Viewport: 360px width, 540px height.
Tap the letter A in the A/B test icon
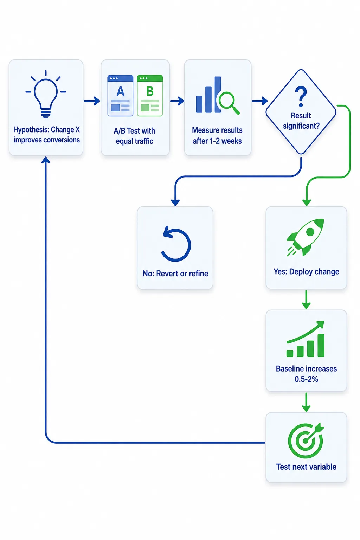click(x=121, y=91)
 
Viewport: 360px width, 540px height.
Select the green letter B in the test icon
click(x=150, y=91)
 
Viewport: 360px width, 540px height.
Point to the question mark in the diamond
click(x=301, y=97)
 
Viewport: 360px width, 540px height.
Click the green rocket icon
click(x=305, y=237)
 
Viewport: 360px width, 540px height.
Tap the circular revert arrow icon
click(x=176, y=244)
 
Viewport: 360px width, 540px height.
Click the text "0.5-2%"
click(x=306, y=379)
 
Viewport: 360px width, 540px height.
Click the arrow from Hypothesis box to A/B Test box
click(x=92, y=101)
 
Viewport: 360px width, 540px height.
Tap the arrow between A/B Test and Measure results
click(x=177, y=101)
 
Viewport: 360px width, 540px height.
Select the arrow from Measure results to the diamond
click(x=260, y=101)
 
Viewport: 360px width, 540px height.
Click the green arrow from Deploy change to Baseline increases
click(x=306, y=300)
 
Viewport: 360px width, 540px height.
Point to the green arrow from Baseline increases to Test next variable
click(x=306, y=402)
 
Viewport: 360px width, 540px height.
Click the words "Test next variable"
click(x=306, y=467)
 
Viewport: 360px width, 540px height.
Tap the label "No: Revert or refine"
click(x=175, y=274)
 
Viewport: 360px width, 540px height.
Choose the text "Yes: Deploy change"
click(x=306, y=272)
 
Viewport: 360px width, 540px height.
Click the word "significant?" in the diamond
click(x=301, y=126)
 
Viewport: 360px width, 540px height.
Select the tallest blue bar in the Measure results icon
click(x=218, y=94)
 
